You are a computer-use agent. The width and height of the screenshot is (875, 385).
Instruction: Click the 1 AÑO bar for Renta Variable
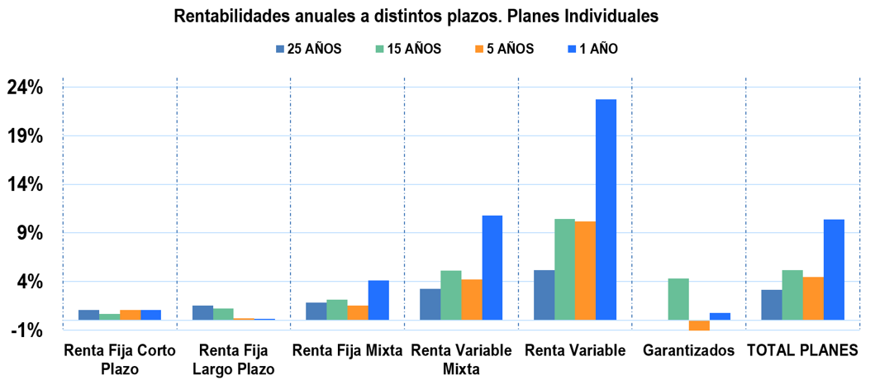pos(606,210)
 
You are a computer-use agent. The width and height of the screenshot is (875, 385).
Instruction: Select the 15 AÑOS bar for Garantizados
pos(678,299)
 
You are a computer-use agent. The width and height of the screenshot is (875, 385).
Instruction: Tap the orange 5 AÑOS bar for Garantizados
pos(699,326)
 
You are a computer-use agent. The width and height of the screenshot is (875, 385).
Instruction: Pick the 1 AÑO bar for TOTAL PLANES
pos(834,270)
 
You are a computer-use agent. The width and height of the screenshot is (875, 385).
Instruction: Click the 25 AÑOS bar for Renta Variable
pos(544,295)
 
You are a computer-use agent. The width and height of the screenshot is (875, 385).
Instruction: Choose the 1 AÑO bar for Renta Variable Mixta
pos(492,268)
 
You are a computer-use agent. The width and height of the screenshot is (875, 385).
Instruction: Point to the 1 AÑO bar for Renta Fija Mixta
pos(378,300)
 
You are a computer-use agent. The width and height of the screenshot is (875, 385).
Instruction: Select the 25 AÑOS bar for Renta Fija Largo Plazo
pos(202,313)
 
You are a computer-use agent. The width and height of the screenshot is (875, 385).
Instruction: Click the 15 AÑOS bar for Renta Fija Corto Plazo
pos(109,317)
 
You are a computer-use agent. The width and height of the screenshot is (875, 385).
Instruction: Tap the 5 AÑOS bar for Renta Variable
pos(585,271)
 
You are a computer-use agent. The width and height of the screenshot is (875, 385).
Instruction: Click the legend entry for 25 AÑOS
pos(308,49)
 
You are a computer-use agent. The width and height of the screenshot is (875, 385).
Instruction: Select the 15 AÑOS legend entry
pos(408,49)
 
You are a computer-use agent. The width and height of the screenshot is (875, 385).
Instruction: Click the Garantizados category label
pos(688,351)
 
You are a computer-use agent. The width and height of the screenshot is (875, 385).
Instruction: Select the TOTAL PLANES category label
pos(802,351)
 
